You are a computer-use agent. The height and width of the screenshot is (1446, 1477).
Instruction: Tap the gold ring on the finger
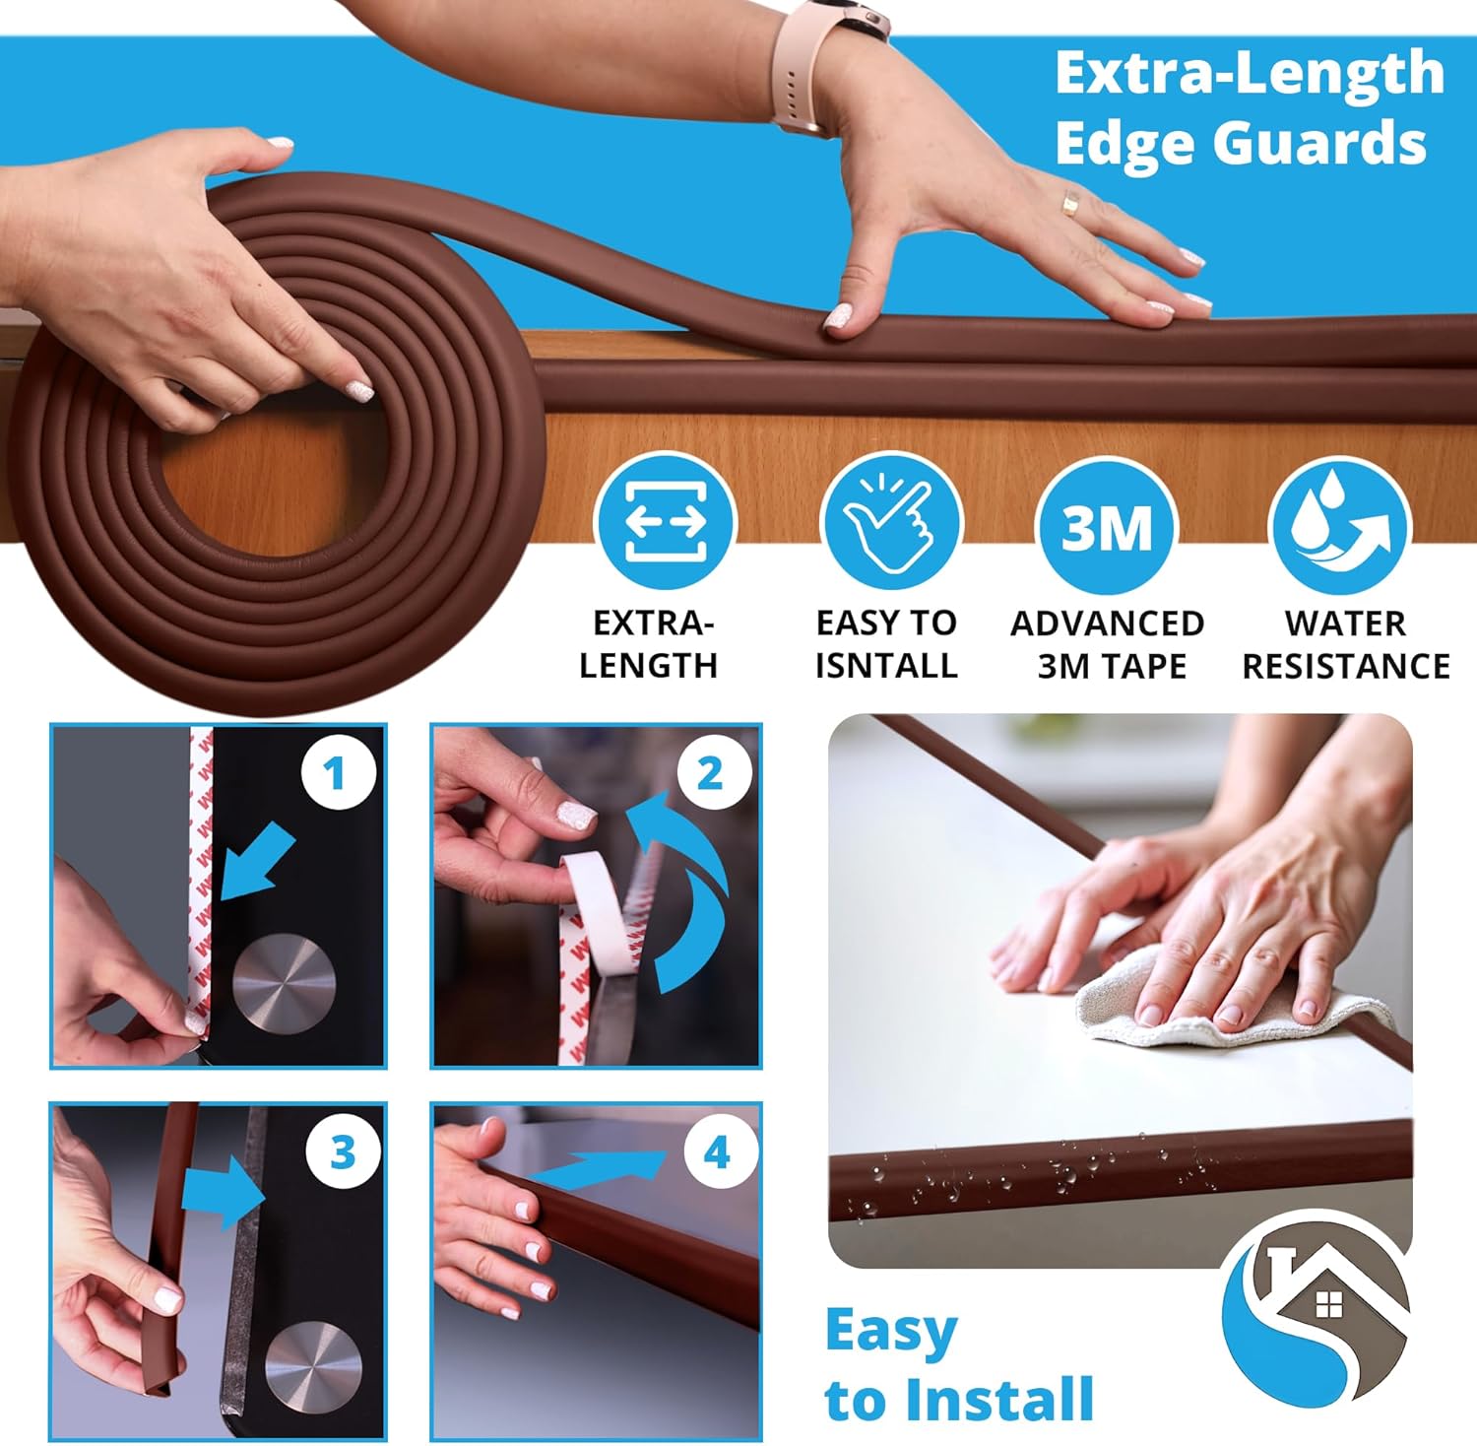point(1070,203)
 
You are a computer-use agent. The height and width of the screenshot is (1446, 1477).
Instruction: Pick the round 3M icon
point(1107,526)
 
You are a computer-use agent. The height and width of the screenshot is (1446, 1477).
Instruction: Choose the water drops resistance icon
point(1339,524)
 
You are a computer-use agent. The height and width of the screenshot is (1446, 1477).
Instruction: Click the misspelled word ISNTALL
point(886,666)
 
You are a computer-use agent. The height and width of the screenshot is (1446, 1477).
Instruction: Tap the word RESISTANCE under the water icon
point(1345,667)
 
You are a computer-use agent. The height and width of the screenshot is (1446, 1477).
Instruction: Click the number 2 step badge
point(710,773)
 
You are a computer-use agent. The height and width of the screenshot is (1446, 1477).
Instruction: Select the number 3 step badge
point(341,1151)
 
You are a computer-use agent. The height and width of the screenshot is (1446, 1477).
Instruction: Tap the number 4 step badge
point(716,1151)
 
